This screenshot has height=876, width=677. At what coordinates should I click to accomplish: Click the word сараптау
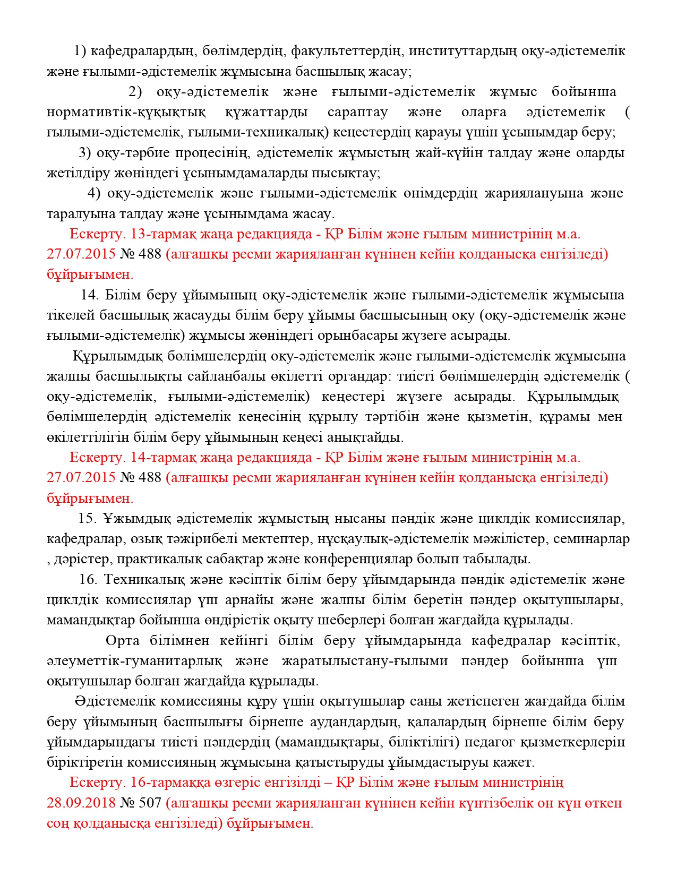[357, 113]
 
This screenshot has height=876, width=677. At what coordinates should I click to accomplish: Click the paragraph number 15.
[87, 519]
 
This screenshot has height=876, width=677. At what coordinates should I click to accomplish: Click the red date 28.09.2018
[81, 803]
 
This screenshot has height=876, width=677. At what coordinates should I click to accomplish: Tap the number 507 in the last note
[150, 803]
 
